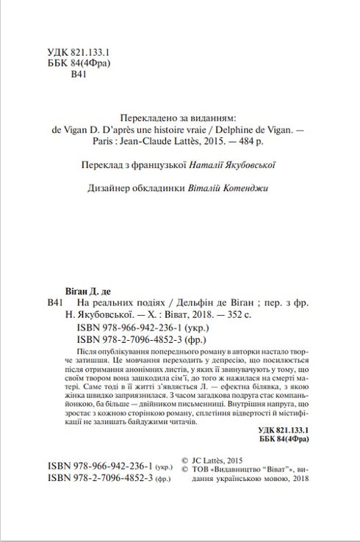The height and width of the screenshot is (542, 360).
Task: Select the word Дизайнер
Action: coord(109,188)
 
